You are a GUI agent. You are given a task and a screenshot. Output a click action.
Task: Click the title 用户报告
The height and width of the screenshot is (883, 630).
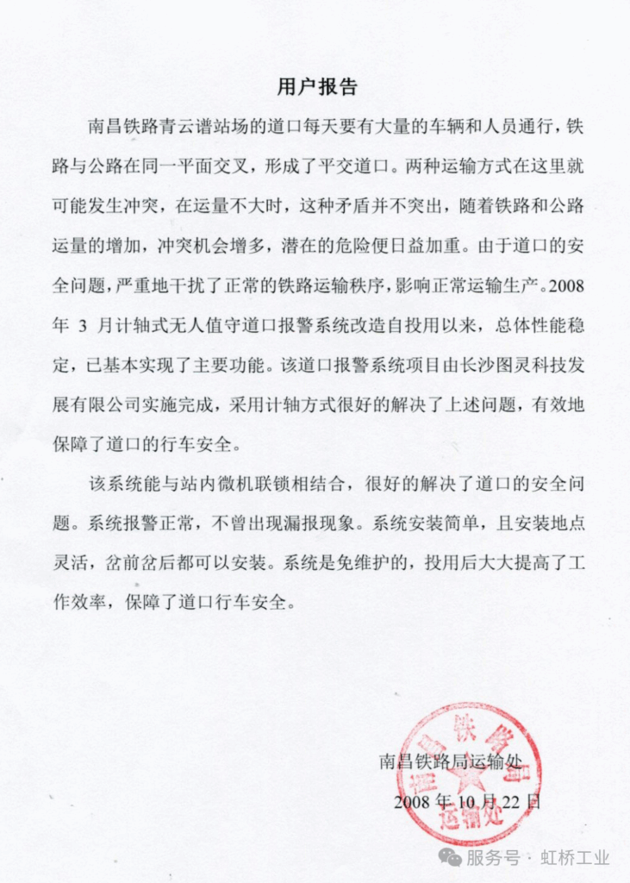pos(316,87)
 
